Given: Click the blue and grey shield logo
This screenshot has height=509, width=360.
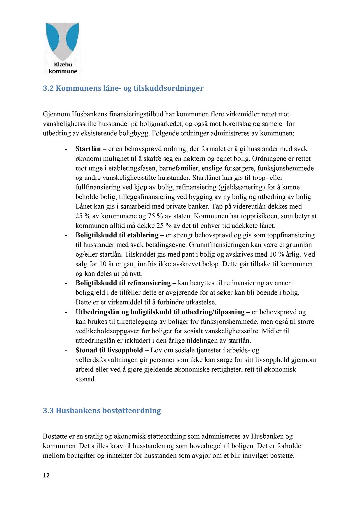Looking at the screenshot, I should [x=63, y=41].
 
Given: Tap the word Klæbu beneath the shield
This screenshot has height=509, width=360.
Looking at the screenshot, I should [x=63, y=65].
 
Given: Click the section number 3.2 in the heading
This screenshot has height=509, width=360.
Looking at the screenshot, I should [x=48, y=88].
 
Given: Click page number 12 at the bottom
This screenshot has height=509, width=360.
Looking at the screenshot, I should [x=46, y=476].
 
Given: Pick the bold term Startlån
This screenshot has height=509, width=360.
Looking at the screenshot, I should [x=88, y=149].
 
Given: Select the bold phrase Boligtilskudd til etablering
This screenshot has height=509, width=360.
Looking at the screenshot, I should [x=117, y=235].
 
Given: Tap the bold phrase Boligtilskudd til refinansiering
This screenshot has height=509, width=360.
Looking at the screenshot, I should [x=123, y=283].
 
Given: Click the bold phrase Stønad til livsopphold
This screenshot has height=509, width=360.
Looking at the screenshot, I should [x=109, y=350].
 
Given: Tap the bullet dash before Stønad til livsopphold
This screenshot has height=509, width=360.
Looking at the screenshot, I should [x=66, y=350].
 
